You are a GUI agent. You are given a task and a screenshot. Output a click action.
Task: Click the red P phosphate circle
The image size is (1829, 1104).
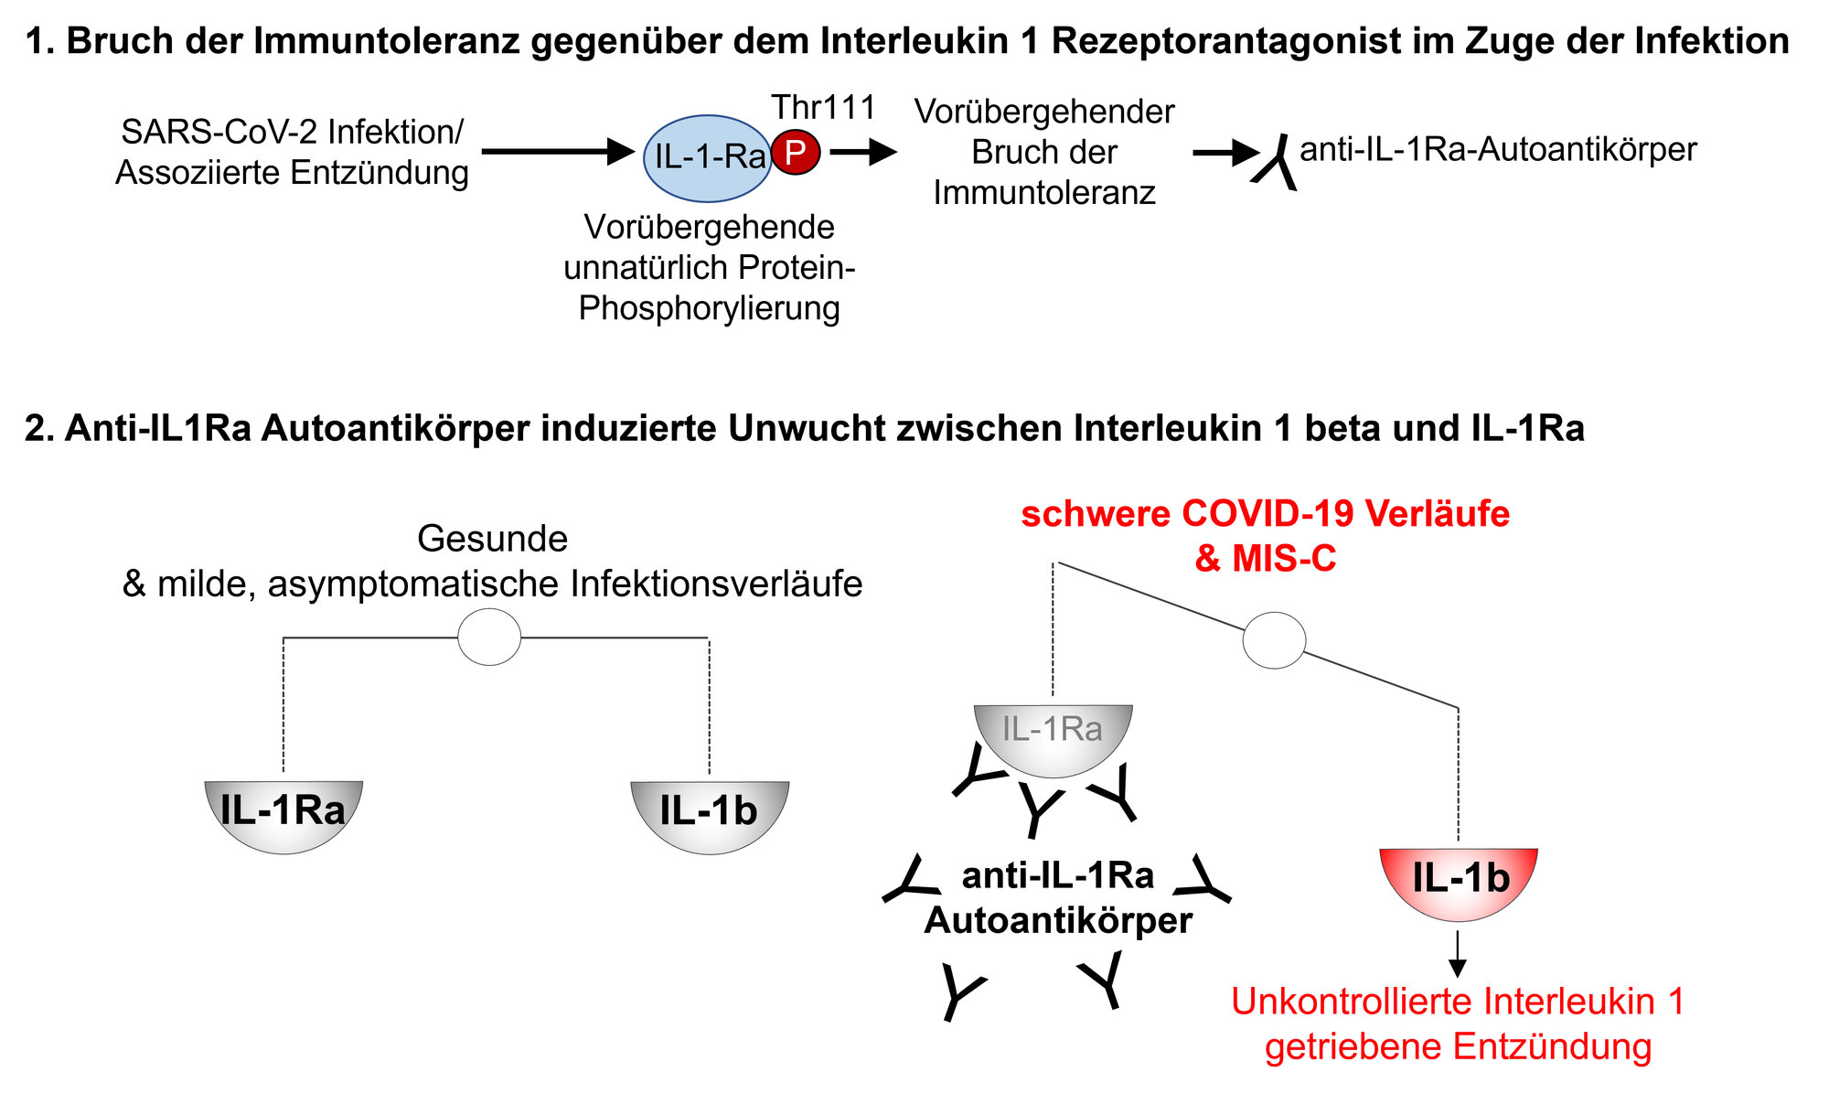coord(796,153)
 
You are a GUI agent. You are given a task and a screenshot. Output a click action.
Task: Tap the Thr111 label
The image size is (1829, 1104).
coord(823,108)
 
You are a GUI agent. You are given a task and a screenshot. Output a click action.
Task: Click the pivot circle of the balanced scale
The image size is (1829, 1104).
coord(489,637)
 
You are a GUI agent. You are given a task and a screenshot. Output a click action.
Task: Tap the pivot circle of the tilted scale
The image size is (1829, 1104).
coord(1274,640)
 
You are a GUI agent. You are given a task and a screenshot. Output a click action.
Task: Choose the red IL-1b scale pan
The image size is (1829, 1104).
coord(1459,880)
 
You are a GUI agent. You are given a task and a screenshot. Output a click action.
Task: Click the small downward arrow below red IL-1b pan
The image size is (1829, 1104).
coord(1459,956)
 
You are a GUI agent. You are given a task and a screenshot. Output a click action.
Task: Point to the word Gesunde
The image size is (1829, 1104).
coord(492,539)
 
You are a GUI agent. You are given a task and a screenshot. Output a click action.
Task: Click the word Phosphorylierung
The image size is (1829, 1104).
coord(709,308)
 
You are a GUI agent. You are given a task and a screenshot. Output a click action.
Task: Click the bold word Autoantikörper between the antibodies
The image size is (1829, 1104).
coord(1058,920)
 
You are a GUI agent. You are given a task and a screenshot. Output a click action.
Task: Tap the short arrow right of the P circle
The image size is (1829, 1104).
coord(862,152)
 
